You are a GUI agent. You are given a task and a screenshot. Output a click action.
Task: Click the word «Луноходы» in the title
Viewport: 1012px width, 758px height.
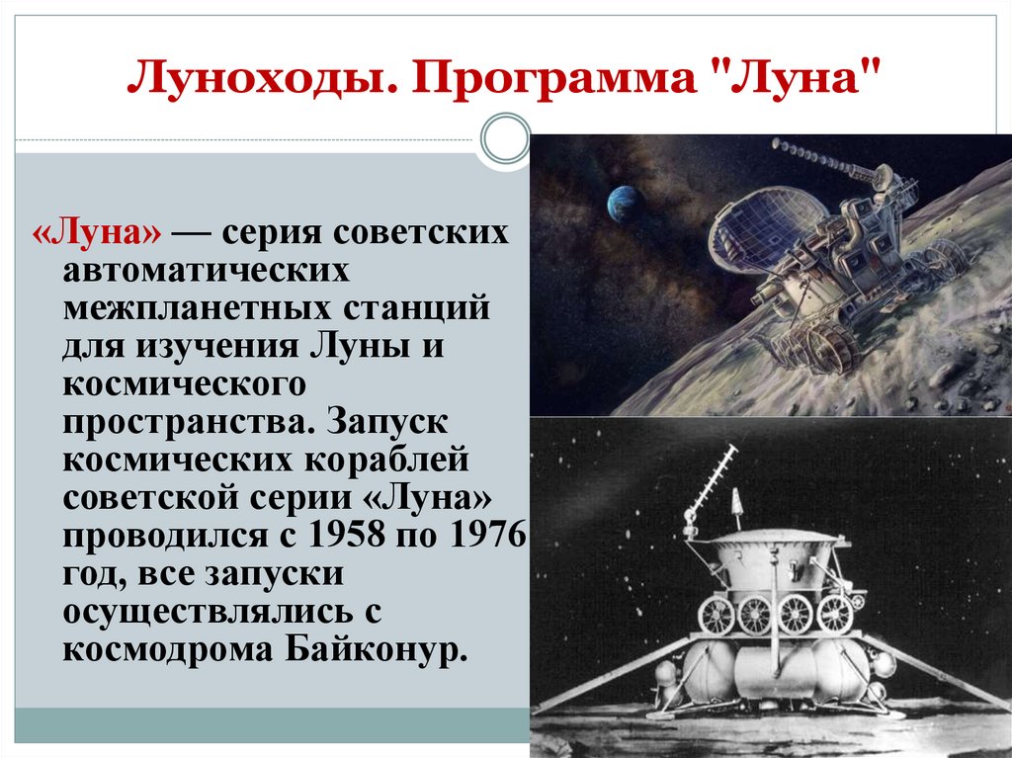[x=256, y=77]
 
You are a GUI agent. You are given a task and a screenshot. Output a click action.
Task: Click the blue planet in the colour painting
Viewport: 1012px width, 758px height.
[x=625, y=203]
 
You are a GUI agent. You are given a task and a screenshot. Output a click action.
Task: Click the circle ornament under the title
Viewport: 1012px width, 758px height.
[x=505, y=137]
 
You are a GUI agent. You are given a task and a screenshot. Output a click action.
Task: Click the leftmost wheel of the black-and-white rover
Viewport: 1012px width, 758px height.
[x=716, y=616]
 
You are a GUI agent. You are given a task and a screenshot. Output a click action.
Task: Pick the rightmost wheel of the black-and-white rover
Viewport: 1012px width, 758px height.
[x=834, y=614]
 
